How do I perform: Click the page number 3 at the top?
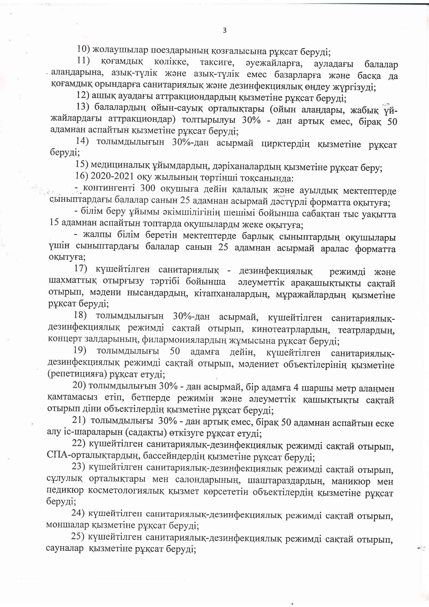tap(224, 30)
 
